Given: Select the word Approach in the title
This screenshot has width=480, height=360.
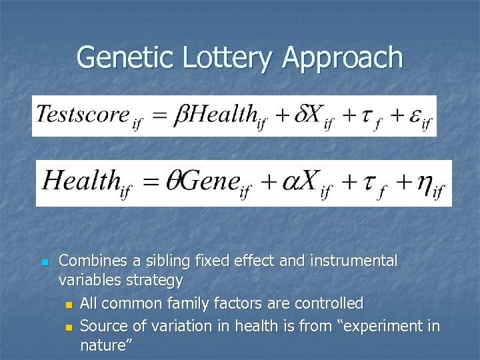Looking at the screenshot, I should pos(343,59).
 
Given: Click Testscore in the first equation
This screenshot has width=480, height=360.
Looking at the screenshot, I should pos(83,114).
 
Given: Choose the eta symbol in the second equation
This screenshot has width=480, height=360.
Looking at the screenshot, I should pos(424,183).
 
